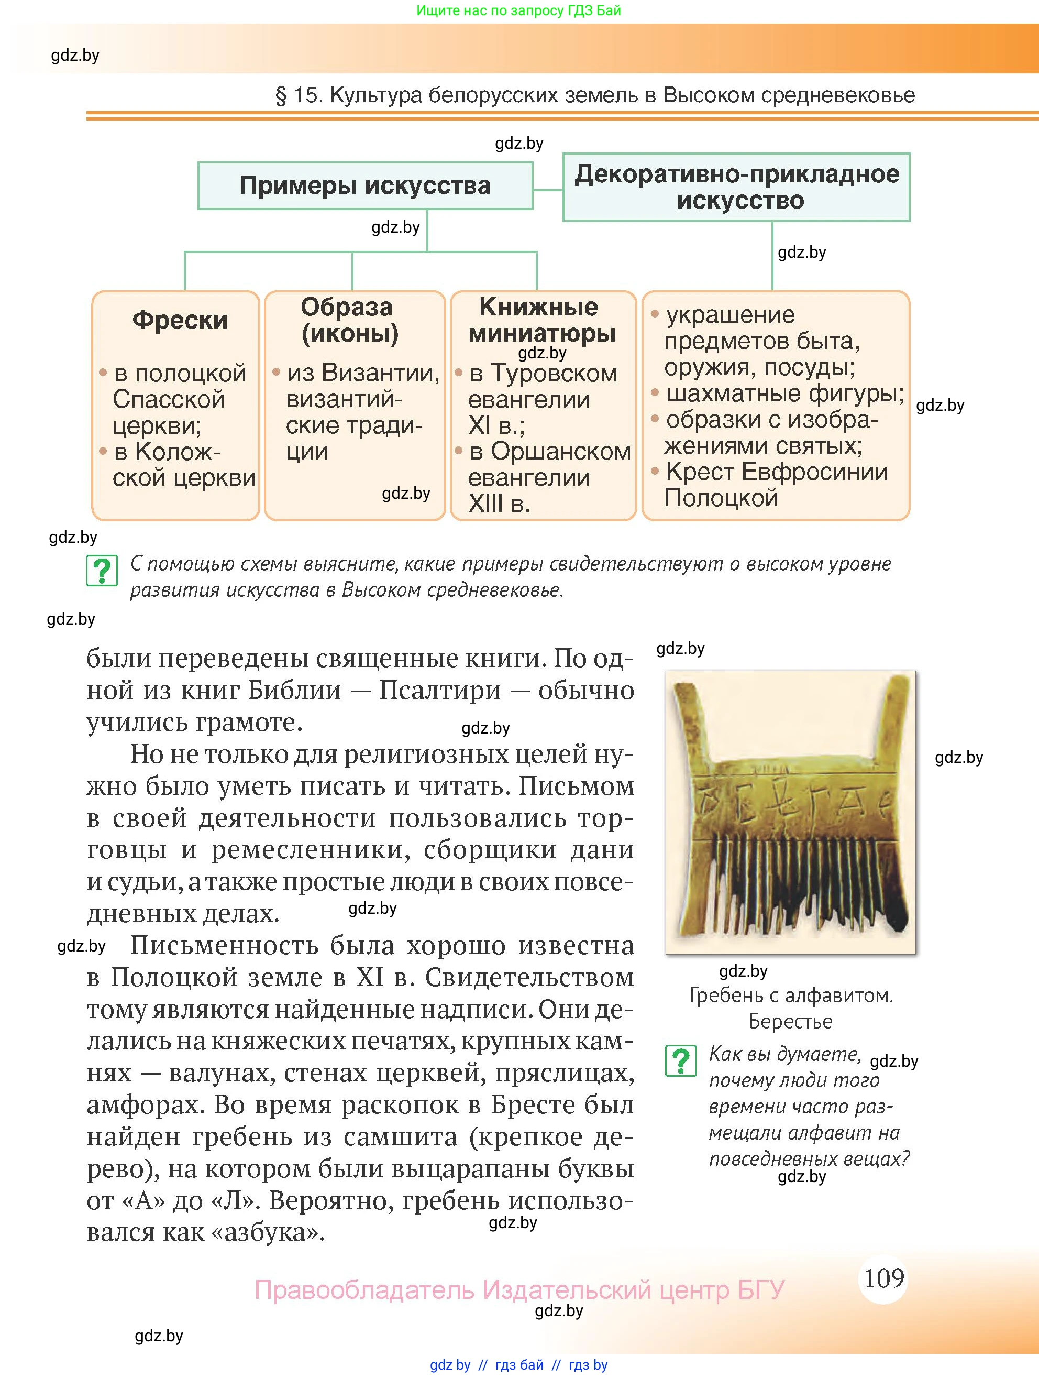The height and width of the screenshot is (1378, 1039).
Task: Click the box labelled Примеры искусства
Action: click(365, 185)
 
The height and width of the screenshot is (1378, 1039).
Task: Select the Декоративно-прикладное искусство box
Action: click(736, 187)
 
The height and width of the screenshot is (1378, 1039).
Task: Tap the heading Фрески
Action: click(180, 320)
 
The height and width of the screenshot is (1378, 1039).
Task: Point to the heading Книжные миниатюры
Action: click(541, 320)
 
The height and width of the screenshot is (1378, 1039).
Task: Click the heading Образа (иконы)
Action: click(350, 320)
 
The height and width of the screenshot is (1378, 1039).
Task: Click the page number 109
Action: click(884, 1278)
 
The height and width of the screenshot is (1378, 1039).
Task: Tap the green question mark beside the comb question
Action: click(680, 1060)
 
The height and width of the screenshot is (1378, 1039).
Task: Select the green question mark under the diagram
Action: click(102, 571)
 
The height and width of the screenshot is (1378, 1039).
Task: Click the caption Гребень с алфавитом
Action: click(791, 996)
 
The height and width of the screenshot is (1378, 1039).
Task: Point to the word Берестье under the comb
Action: click(791, 1022)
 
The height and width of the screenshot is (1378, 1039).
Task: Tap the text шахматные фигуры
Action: click(784, 393)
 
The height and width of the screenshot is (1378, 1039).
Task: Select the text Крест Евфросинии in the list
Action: click(776, 472)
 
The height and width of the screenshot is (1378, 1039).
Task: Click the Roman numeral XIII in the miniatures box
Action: click(485, 504)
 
